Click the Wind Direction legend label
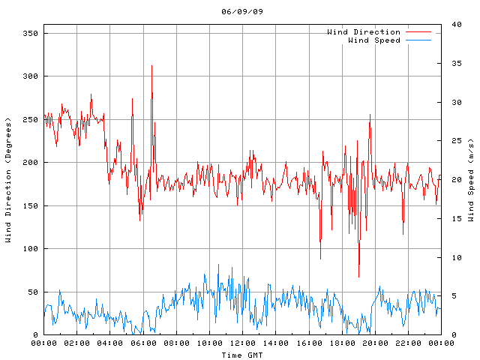click(x=363, y=32)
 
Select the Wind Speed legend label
click(x=373, y=40)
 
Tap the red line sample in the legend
click(x=419, y=32)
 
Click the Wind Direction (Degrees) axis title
click(x=9, y=180)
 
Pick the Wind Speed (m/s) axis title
click(x=471, y=180)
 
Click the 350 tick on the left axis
click(x=31, y=34)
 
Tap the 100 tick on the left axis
click(x=31, y=249)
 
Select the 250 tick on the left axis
click(x=31, y=120)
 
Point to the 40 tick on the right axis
click(x=452, y=25)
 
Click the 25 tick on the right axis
click(x=452, y=141)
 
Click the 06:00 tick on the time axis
click(x=143, y=343)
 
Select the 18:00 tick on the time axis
click(x=342, y=343)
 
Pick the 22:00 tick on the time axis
click(x=408, y=343)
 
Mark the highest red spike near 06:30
click(x=151, y=66)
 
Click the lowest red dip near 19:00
click(x=358, y=276)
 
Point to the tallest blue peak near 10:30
click(x=219, y=265)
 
